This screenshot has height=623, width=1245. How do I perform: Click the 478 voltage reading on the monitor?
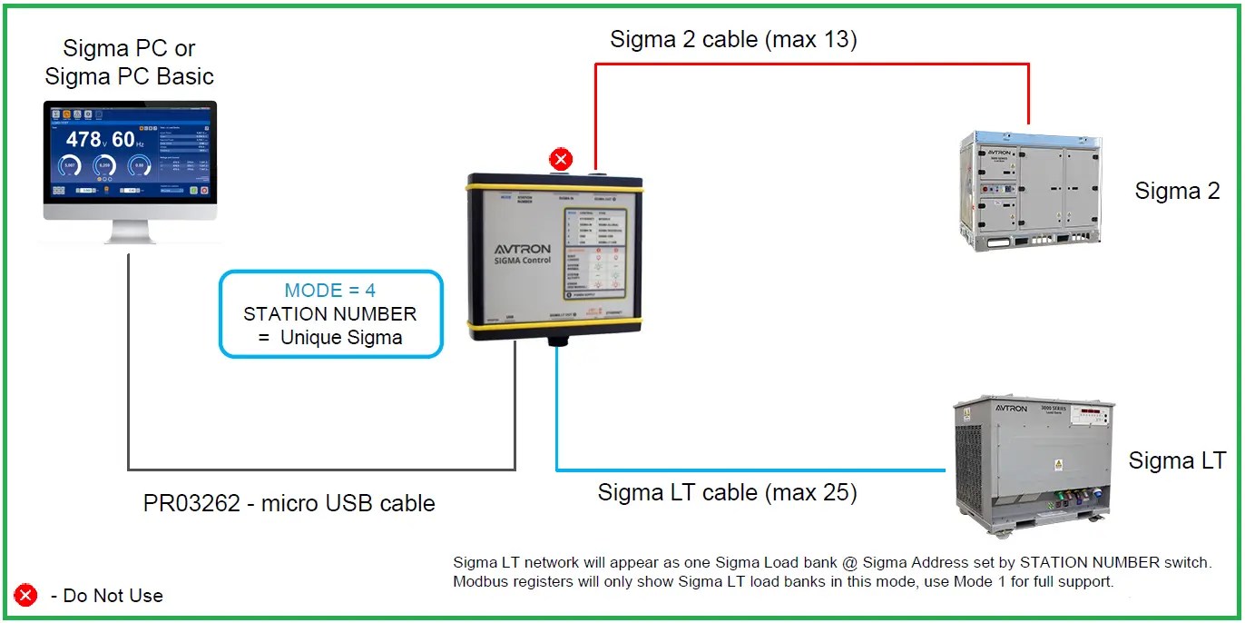pos(83,139)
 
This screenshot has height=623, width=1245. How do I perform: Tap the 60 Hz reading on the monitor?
pos(124,139)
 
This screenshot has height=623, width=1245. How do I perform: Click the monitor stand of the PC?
pos(131,232)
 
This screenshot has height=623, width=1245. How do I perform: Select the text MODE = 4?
pos(330,291)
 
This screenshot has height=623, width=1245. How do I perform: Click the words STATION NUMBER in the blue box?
pos(330,314)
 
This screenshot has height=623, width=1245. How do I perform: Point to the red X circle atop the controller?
pos(562,160)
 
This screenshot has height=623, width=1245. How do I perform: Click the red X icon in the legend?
pos(26,596)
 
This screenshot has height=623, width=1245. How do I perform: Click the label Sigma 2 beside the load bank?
pos(1177,191)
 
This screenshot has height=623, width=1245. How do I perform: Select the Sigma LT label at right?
pos(1177,460)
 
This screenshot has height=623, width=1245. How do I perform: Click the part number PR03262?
pos(196,503)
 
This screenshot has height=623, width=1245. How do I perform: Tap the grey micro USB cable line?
pos(318,469)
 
